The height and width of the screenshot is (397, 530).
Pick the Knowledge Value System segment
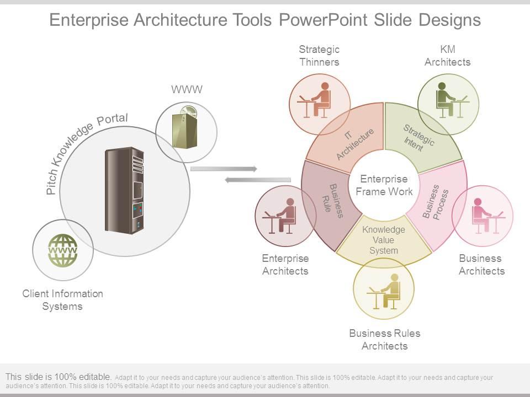click(384, 240)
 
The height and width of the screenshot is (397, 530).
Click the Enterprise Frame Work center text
click(384, 185)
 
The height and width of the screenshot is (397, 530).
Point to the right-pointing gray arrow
click(224, 168)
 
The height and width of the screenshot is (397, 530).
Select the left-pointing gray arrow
click(258, 180)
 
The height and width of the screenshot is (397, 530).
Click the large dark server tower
click(124, 190)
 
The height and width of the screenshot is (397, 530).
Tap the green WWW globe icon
click(63, 251)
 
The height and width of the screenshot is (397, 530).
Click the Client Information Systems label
click(62, 300)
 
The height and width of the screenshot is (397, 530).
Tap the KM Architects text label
click(447, 56)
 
